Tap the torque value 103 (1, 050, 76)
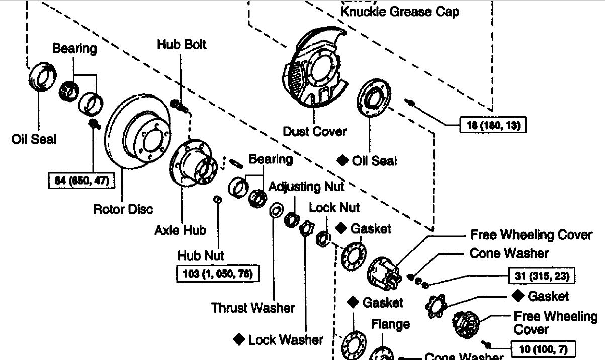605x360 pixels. pyautogui.click(x=218, y=274)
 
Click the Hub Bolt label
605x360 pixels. pyautogui.click(x=182, y=44)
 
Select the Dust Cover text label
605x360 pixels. pyautogui.click(x=315, y=132)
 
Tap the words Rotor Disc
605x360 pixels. pyautogui.click(x=123, y=208)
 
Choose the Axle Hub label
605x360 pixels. pyautogui.click(x=180, y=230)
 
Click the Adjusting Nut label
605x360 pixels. pyautogui.click(x=306, y=187)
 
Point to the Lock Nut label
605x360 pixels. pyautogui.click(x=334, y=207)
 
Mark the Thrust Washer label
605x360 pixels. pyautogui.click(x=253, y=307)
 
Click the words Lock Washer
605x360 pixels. pyautogui.click(x=286, y=340)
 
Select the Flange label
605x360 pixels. pyautogui.click(x=390, y=324)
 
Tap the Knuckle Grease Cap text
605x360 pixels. pyautogui.click(x=400, y=11)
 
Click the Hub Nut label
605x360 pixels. pyautogui.click(x=201, y=255)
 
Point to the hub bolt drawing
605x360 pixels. pyautogui.click(x=180, y=106)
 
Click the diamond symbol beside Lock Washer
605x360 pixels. pyautogui.click(x=239, y=340)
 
